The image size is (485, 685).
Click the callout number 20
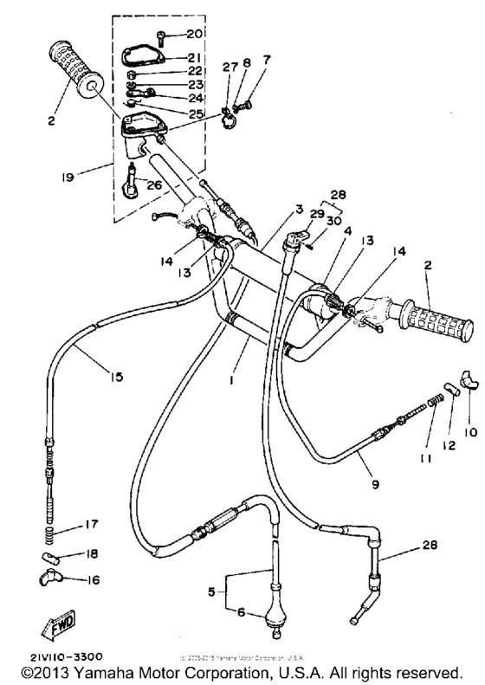point(193,33)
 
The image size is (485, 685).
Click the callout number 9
point(374,485)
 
